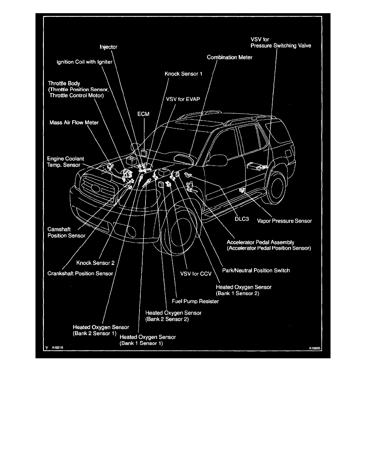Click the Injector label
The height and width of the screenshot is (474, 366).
(108, 47)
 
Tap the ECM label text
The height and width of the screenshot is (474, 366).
(143, 114)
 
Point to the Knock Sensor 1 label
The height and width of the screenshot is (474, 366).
(183, 74)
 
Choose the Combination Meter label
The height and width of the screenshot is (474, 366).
(229, 57)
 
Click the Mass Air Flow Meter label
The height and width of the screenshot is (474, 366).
(74, 122)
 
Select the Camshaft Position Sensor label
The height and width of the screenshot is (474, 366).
(67, 233)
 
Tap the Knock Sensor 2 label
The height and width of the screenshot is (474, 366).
(95, 263)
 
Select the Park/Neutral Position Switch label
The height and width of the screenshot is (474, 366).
(256, 271)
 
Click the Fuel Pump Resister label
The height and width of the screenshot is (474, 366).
(195, 302)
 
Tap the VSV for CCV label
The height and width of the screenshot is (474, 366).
(195, 274)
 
